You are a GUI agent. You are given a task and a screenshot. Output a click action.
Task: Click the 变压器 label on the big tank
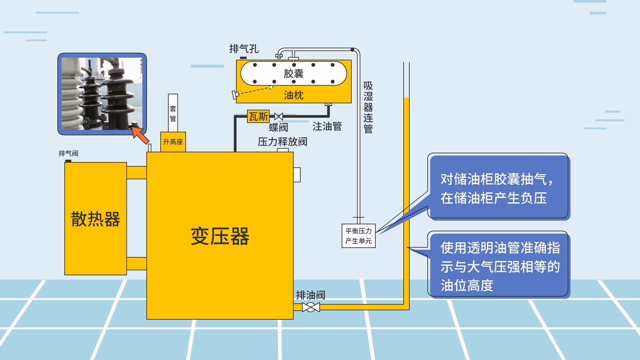(220, 236)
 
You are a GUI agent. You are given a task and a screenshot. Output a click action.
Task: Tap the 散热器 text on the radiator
(95, 219)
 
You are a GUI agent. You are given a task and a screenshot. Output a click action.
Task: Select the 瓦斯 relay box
(258, 116)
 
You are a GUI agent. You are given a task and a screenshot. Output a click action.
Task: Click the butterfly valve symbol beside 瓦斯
(279, 116)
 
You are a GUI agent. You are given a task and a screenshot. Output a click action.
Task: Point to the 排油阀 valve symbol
(311, 307)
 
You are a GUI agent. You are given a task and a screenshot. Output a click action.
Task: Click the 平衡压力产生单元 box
(358, 236)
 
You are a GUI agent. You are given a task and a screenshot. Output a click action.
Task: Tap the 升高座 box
(173, 142)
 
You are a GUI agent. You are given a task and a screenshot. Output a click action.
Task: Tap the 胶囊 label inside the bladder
(293, 73)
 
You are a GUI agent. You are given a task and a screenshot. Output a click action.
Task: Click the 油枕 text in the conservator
(293, 95)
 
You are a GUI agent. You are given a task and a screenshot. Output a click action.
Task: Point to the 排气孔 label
(244, 49)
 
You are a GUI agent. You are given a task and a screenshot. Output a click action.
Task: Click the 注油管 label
(327, 126)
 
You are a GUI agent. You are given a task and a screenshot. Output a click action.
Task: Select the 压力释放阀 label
(282, 142)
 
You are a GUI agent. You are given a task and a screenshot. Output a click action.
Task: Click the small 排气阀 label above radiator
(68, 153)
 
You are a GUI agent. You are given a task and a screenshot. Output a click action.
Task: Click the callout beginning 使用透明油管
(499, 266)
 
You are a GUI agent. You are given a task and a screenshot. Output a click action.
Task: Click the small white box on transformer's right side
(297, 175)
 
